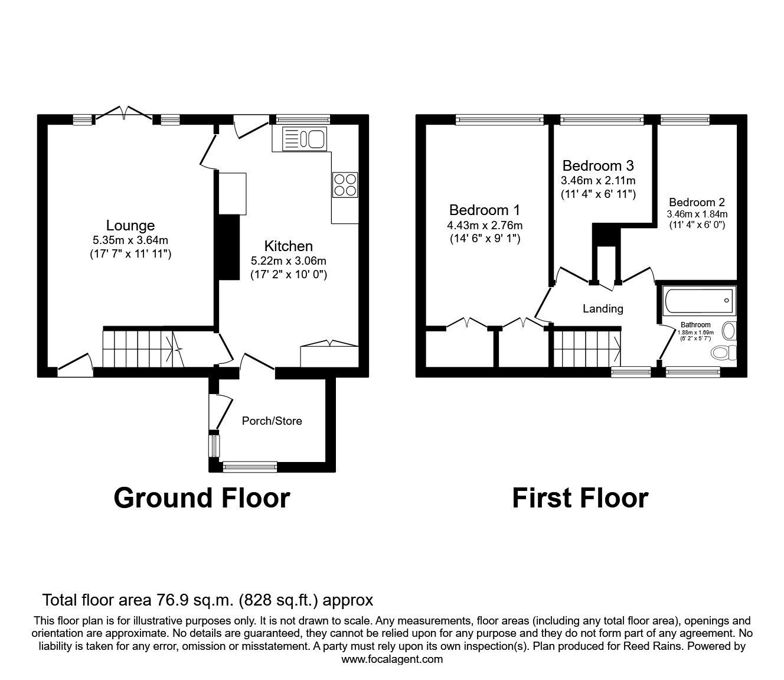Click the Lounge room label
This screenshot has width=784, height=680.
click(x=130, y=226)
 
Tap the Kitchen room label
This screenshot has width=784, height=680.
click(x=288, y=246)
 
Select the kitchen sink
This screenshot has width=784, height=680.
click(x=305, y=139)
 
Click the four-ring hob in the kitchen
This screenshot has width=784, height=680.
click(x=345, y=185)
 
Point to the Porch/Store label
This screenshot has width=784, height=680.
click(x=272, y=421)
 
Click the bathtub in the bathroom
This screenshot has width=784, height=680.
click(x=699, y=301)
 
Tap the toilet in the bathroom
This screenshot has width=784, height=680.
click(x=723, y=353)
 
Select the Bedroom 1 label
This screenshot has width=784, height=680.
click(x=484, y=210)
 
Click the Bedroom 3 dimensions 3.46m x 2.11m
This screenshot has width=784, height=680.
click(x=598, y=180)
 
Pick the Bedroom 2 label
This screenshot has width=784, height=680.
click(x=697, y=202)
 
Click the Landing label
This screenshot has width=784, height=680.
click(x=603, y=308)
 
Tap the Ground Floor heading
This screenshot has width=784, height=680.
click(x=202, y=498)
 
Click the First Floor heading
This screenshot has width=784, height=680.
click(x=580, y=498)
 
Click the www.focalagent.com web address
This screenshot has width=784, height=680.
click(x=392, y=659)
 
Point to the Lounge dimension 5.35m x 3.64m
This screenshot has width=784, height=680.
click(x=130, y=240)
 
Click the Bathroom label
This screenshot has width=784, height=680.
click(x=695, y=325)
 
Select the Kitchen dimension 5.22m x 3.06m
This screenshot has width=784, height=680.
click(x=288, y=261)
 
